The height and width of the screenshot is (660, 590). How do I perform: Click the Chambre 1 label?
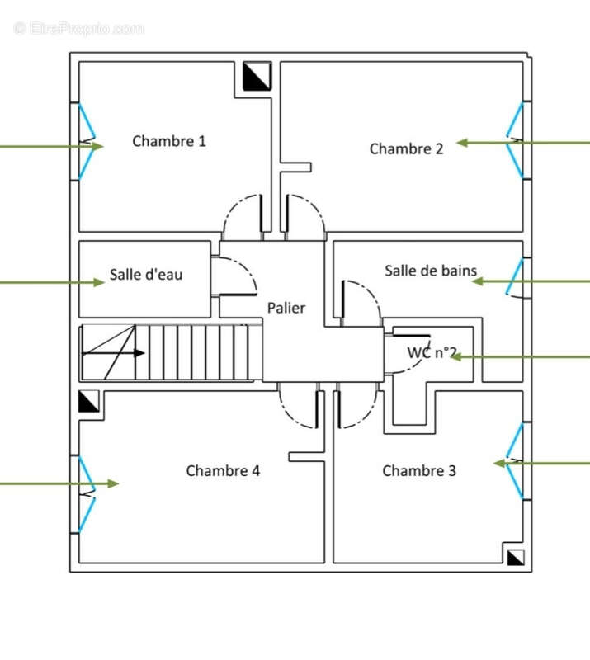169,141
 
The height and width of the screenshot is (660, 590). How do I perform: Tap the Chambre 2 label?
406,148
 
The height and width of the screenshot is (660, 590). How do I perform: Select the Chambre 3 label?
419,470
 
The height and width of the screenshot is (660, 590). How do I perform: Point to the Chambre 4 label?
223,470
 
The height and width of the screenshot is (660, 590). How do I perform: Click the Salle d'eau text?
146,275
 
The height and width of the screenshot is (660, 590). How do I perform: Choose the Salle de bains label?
431,271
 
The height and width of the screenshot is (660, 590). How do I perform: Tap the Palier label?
286,308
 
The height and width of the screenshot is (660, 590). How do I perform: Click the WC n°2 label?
432,352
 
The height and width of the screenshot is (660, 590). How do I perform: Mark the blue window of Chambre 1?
86,141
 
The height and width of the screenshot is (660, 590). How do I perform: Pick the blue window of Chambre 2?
516,140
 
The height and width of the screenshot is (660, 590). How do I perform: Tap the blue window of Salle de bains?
515,276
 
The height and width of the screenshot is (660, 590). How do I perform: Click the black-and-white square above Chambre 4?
88,401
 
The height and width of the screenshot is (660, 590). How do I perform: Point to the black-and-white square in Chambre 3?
516,557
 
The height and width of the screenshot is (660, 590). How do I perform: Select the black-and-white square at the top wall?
257,77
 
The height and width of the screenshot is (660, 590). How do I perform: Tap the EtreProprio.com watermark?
79,28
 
